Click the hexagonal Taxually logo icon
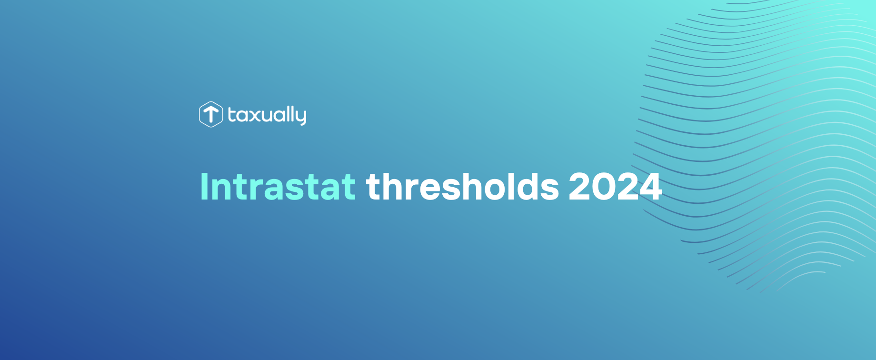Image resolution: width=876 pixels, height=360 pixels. tap(210, 115)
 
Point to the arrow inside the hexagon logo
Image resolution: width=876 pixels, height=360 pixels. tap(210, 115)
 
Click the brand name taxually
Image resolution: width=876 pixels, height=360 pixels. tap(267, 115)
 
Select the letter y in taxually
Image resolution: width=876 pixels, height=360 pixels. tap(300, 117)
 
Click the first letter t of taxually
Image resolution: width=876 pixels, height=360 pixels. tap(232, 115)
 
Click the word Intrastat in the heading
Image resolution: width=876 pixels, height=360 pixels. tap(278, 186)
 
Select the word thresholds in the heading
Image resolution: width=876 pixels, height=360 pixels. tap(462, 186)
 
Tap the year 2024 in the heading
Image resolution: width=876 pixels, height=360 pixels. tap(615, 186)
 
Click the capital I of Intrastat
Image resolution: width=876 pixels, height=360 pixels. tap(204, 186)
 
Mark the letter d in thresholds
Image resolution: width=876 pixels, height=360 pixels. tap(527, 186)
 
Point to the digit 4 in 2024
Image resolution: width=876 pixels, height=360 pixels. tap(648, 186)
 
